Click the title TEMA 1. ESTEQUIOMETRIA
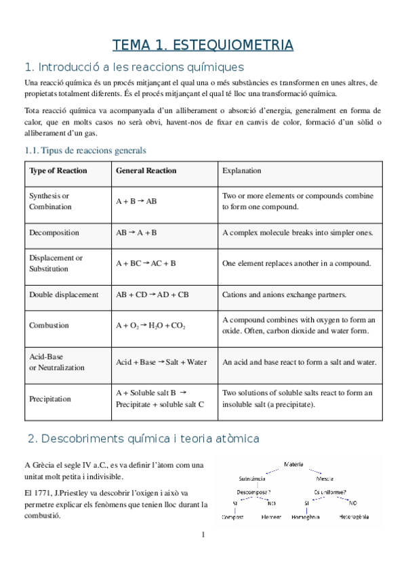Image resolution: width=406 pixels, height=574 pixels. click(203, 45)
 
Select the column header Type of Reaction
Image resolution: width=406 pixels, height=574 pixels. click(58, 171)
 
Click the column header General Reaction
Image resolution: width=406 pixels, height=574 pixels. click(146, 171)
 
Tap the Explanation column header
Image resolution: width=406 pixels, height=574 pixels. click(242, 171)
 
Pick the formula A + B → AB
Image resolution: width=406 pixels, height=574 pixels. click(136, 201)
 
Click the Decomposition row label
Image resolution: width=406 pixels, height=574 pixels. click(54, 232)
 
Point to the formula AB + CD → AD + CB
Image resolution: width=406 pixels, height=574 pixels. click(153, 294)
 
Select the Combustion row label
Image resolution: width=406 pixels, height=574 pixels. click(49, 326)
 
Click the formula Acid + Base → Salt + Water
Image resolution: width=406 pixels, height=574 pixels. click(161, 362)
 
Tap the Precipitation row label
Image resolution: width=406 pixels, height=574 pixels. click(49, 399)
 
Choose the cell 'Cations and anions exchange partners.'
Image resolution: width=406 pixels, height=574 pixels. click(284, 294)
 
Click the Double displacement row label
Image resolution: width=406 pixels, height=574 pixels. click(64, 294)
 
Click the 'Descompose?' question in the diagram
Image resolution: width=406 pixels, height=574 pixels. click(254, 491)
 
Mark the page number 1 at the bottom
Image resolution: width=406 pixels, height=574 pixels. click(203, 535)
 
